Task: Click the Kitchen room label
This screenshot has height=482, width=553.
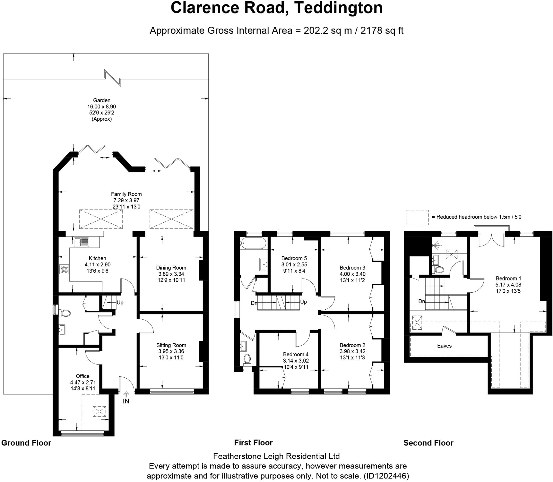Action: (x=97, y=258)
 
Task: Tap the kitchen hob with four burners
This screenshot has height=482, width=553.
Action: (x=64, y=269)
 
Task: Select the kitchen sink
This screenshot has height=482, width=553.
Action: (x=82, y=242)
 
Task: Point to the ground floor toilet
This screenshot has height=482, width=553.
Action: (x=65, y=313)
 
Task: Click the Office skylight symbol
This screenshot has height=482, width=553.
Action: (x=99, y=411)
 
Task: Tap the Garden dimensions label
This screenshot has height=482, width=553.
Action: (x=102, y=109)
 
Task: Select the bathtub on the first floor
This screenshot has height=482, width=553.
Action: (x=253, y=243)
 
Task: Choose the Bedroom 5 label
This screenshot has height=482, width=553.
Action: (x=294, y=258)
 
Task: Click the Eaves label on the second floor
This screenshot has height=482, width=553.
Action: (x=444, y=346)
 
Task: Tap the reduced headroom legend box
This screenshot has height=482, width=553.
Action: (x=417, y=217)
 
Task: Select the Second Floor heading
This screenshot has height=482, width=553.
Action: (x=428, y=443)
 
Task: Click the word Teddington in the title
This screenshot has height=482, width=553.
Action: (x=338, y=8)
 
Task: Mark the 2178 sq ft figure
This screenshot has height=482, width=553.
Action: (x=382, y=31)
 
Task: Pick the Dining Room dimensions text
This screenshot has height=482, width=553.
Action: (x=171, y=277)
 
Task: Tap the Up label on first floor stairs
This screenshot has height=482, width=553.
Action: (x=304, y=302)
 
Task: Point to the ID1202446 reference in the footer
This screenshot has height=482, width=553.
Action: (x=386, y=476)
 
